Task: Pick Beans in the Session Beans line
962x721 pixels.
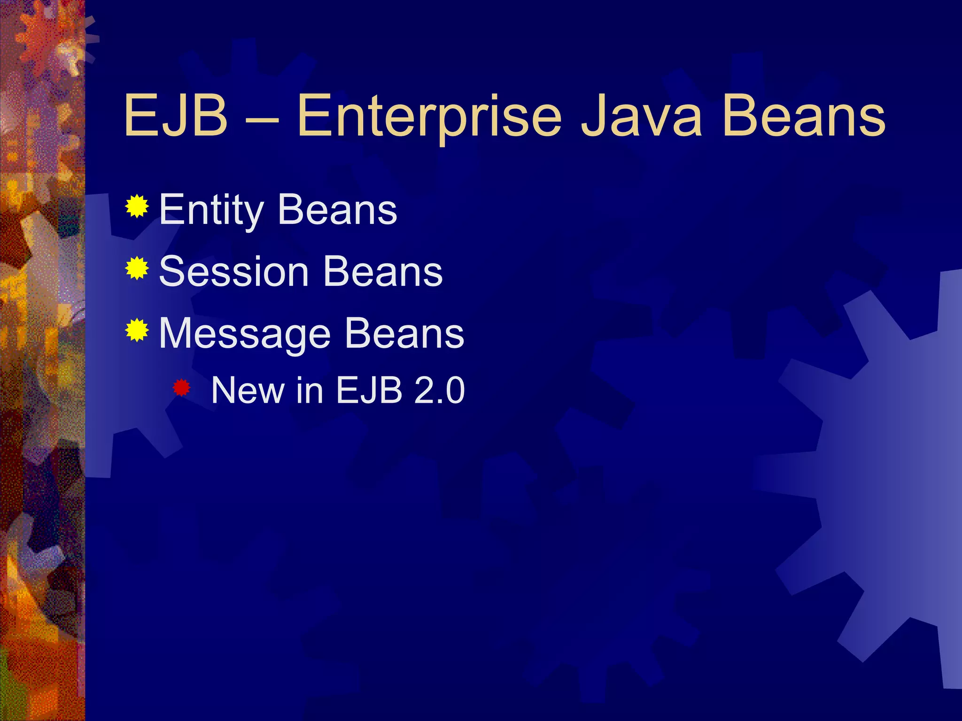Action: coord(383,272)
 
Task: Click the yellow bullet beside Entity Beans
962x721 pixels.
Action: coord(137,206)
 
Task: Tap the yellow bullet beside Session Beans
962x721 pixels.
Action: coord(137,268)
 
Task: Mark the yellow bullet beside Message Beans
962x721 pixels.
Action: coord(137,330)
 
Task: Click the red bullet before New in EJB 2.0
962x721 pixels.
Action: coord(181,388)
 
